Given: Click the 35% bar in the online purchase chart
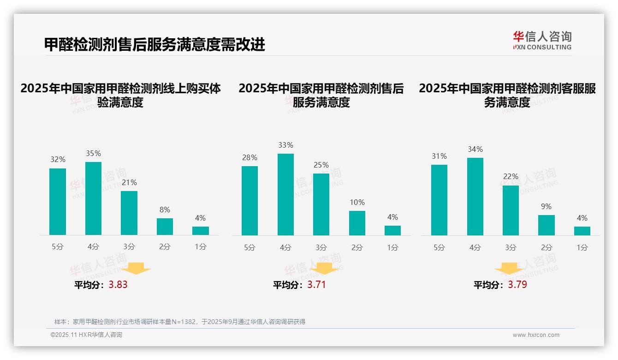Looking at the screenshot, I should (93, 198).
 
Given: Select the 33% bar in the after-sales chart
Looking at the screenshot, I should (285, 194).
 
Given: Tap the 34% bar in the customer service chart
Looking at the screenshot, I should (475, 197).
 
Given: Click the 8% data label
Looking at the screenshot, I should (165, 210).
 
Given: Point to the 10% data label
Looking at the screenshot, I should (357, 202).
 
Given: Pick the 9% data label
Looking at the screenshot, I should (546, 206).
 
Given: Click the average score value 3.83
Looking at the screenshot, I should (118, 285).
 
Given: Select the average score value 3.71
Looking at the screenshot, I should (316, 285).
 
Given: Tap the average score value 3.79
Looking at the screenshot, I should (517, 285).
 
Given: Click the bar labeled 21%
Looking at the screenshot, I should (129, 213).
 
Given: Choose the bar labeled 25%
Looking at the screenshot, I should (321, 204).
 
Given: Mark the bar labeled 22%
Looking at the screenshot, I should (511, 210).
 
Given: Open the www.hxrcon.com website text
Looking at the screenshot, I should (536, 335).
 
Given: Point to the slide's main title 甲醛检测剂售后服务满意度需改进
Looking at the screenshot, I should (154, 45).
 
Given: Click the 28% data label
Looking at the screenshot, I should (250, 157).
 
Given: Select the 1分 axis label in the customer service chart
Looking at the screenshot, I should (582, 247).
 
